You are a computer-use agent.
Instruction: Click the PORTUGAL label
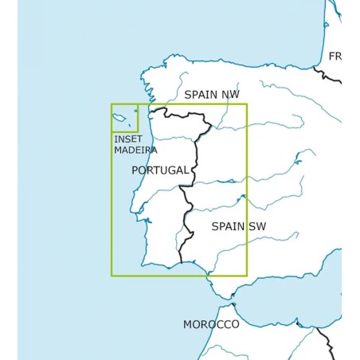point(160,170)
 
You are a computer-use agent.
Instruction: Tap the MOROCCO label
point(210,324)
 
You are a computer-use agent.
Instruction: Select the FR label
point(335,57)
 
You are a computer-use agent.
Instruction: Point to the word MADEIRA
point(135,150)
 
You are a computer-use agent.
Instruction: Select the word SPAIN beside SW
point(228,226)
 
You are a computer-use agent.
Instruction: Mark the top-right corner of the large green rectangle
point(247,104)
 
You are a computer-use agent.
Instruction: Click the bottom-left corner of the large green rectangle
point(112,276)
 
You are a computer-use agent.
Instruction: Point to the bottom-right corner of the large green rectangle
point(247,276)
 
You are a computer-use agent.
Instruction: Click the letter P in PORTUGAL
point(135,170)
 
